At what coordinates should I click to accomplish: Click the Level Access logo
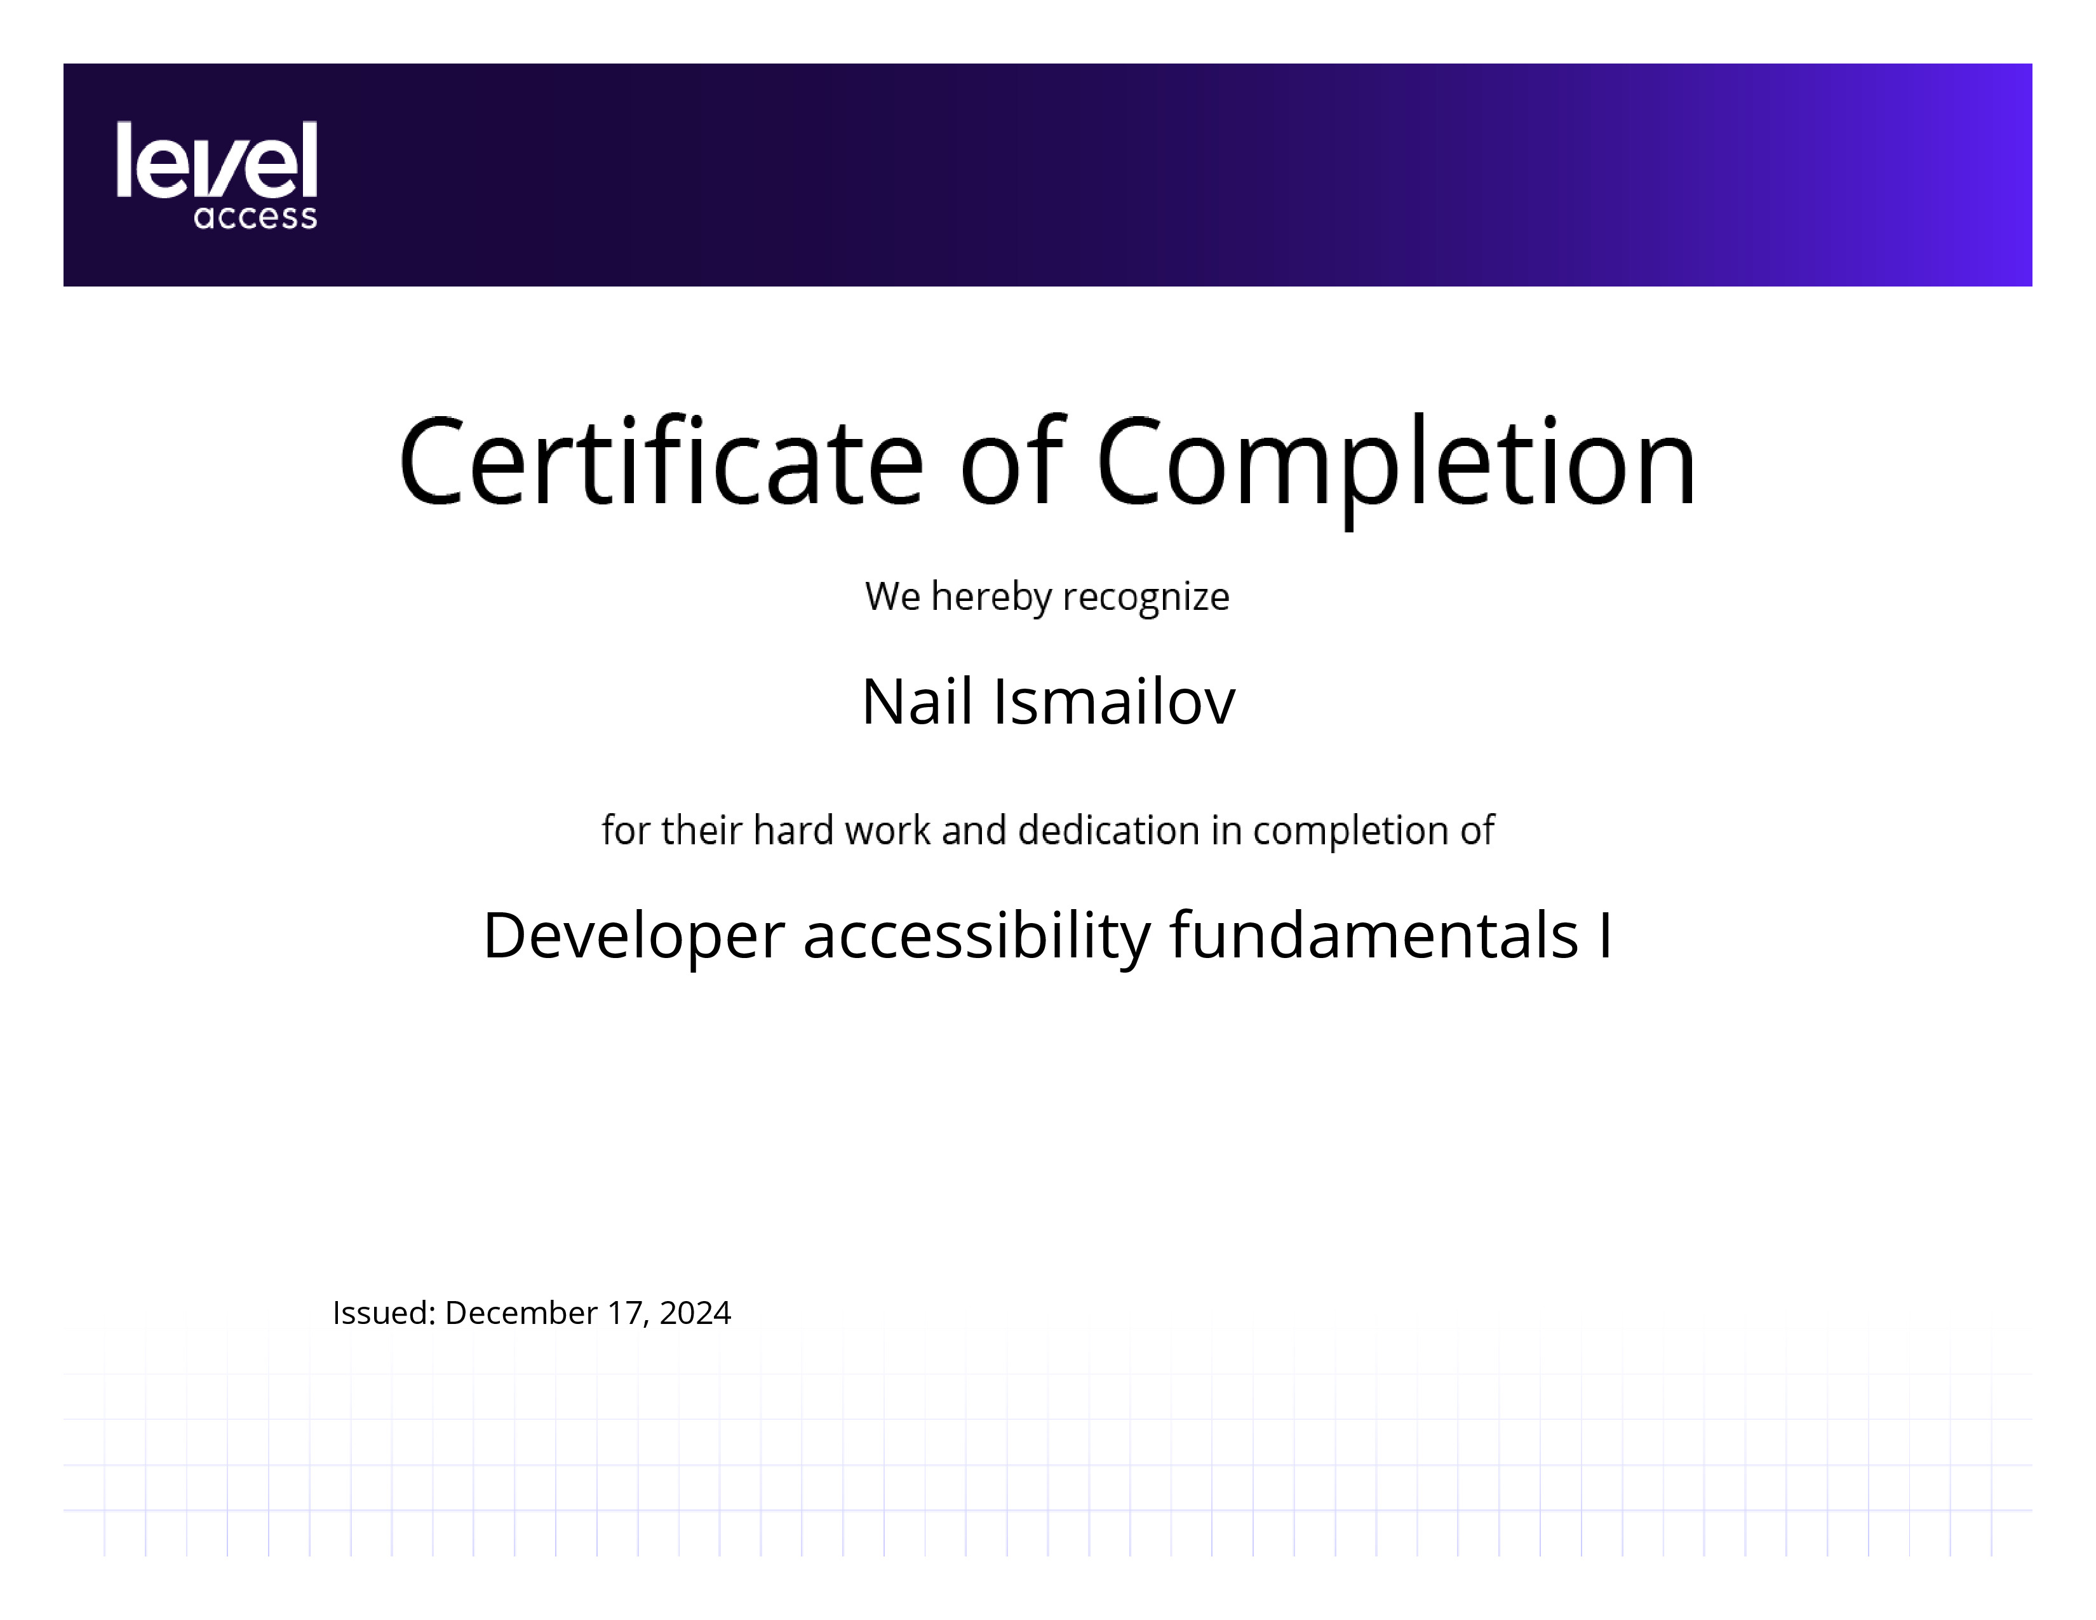217,175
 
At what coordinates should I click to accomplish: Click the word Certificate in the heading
661,462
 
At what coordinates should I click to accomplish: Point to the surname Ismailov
1114,701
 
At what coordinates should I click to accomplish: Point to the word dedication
1108,830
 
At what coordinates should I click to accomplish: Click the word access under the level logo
255,217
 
